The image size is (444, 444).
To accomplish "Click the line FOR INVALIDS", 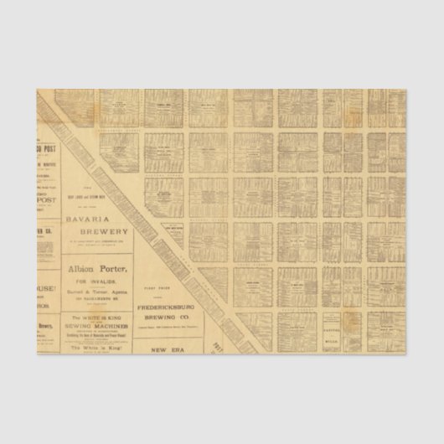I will [x=96, y=281].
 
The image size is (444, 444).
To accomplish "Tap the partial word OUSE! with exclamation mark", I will [x=44, y=289].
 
